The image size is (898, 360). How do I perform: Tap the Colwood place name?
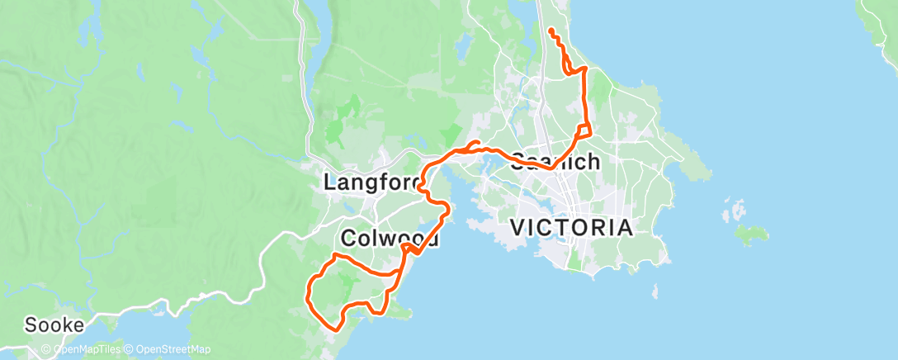coord(387,238)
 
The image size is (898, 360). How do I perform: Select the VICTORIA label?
coord(572,227)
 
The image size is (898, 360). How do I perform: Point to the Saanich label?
coord(555,161)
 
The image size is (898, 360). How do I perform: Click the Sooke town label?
coord(54,324)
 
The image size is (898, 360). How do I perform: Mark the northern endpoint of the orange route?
coord(551,31)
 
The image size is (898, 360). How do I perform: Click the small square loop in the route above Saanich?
coord(584,130)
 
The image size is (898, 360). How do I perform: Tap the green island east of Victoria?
coord(749,236)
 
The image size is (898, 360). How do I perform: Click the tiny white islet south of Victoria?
coord(655,291)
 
